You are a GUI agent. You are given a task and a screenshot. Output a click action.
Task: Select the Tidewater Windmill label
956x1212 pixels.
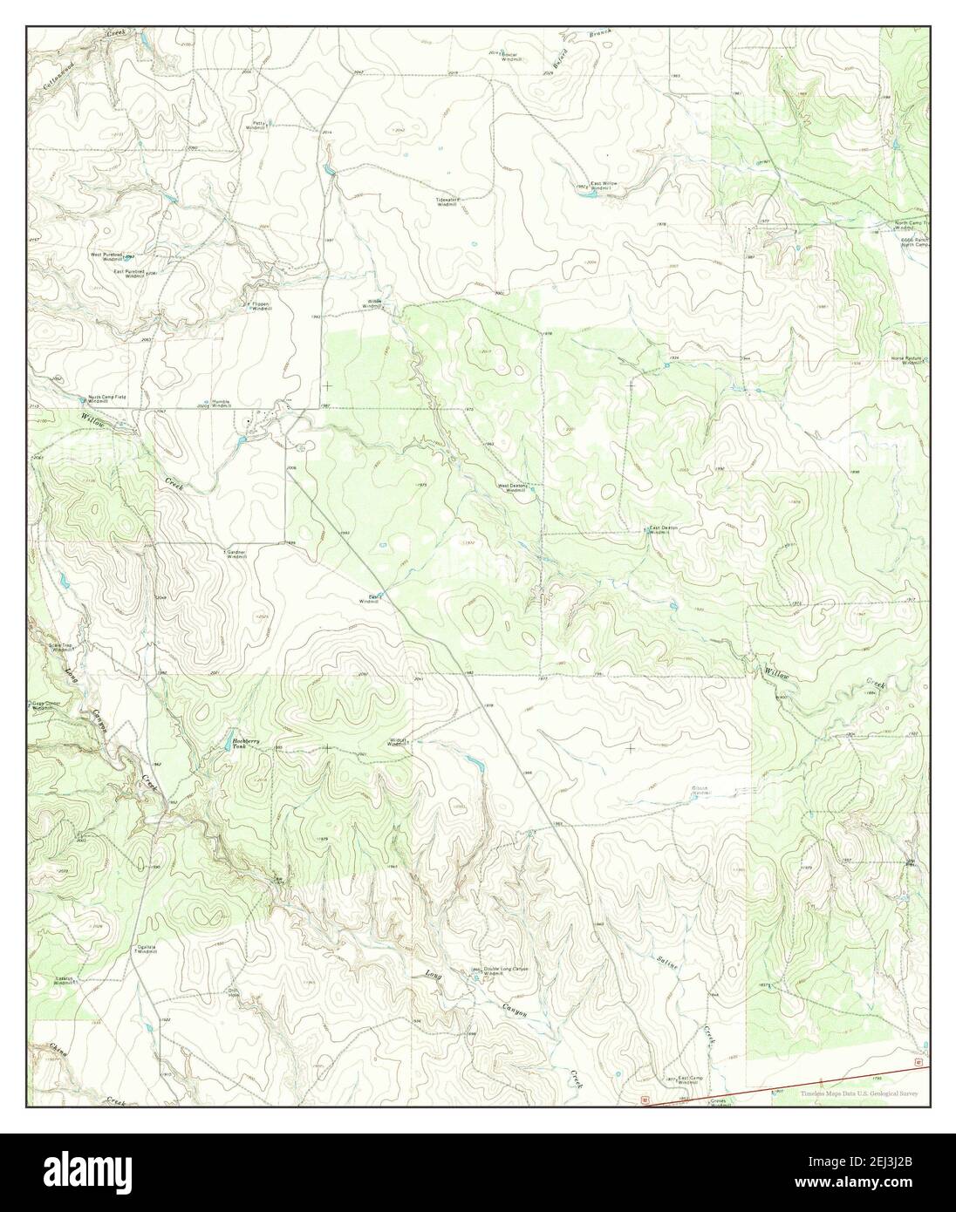pyautogui.click(x=447, y=201)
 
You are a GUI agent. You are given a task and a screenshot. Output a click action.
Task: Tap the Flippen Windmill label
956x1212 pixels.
pyautogui.click(x=257, y=306)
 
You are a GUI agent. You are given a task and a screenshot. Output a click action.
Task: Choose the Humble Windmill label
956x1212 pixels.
pyautogui.click(x=222, y=404)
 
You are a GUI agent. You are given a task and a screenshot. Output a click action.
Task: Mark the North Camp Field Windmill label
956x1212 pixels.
pyautogui.click(x=106, y=398)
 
